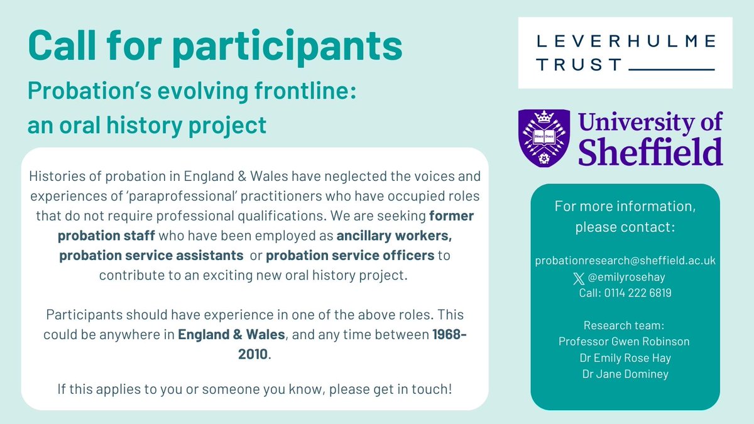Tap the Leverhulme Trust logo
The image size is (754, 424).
click(x=625, y=53)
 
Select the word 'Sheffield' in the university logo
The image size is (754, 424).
click(x=650, y=151)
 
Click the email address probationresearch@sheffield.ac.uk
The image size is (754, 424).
click(x=625, y=260)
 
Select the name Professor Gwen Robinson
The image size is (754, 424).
click(x=625, y=342)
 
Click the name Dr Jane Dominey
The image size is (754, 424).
click(x=625, y=374)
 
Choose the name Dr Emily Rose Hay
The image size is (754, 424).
click(x=625, y=358)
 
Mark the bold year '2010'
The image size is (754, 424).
click(x=250, y=354)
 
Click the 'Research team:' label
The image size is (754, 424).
click(x=625, y=325)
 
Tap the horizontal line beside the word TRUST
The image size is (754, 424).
click(x=671, y=67)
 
